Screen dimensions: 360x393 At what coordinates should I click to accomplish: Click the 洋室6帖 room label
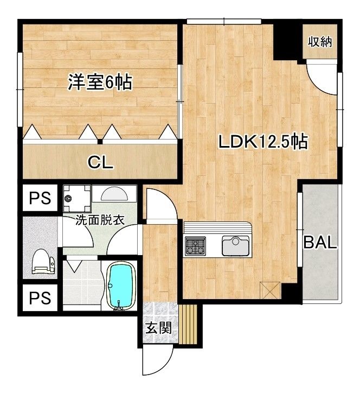[x=100, y=82]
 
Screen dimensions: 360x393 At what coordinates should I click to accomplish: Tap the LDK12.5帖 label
[x=263, y=142]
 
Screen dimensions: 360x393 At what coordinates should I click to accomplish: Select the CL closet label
[x=100, y=163]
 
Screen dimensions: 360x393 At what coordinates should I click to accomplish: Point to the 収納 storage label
[x=320, y=42]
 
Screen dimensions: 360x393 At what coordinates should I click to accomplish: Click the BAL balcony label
[x=320, y=242]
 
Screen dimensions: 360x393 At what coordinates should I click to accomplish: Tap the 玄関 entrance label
[x=159, y=327]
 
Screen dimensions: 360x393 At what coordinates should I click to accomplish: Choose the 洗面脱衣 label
[x=100, y=220]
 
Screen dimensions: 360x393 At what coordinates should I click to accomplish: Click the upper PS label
[x=40, y=198]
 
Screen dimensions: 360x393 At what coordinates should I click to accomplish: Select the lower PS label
[x=40, y=298]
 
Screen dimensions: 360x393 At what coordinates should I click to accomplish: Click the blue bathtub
[x=119, y=286]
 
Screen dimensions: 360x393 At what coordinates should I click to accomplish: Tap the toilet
[x=43, y=262]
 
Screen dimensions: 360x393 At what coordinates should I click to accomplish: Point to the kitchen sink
[x=235, y=245]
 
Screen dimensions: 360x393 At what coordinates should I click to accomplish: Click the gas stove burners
[x=195, y=246]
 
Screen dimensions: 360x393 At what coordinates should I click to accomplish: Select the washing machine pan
[x=77, y=199]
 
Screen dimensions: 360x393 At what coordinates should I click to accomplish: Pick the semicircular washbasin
[x=114, y=194]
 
